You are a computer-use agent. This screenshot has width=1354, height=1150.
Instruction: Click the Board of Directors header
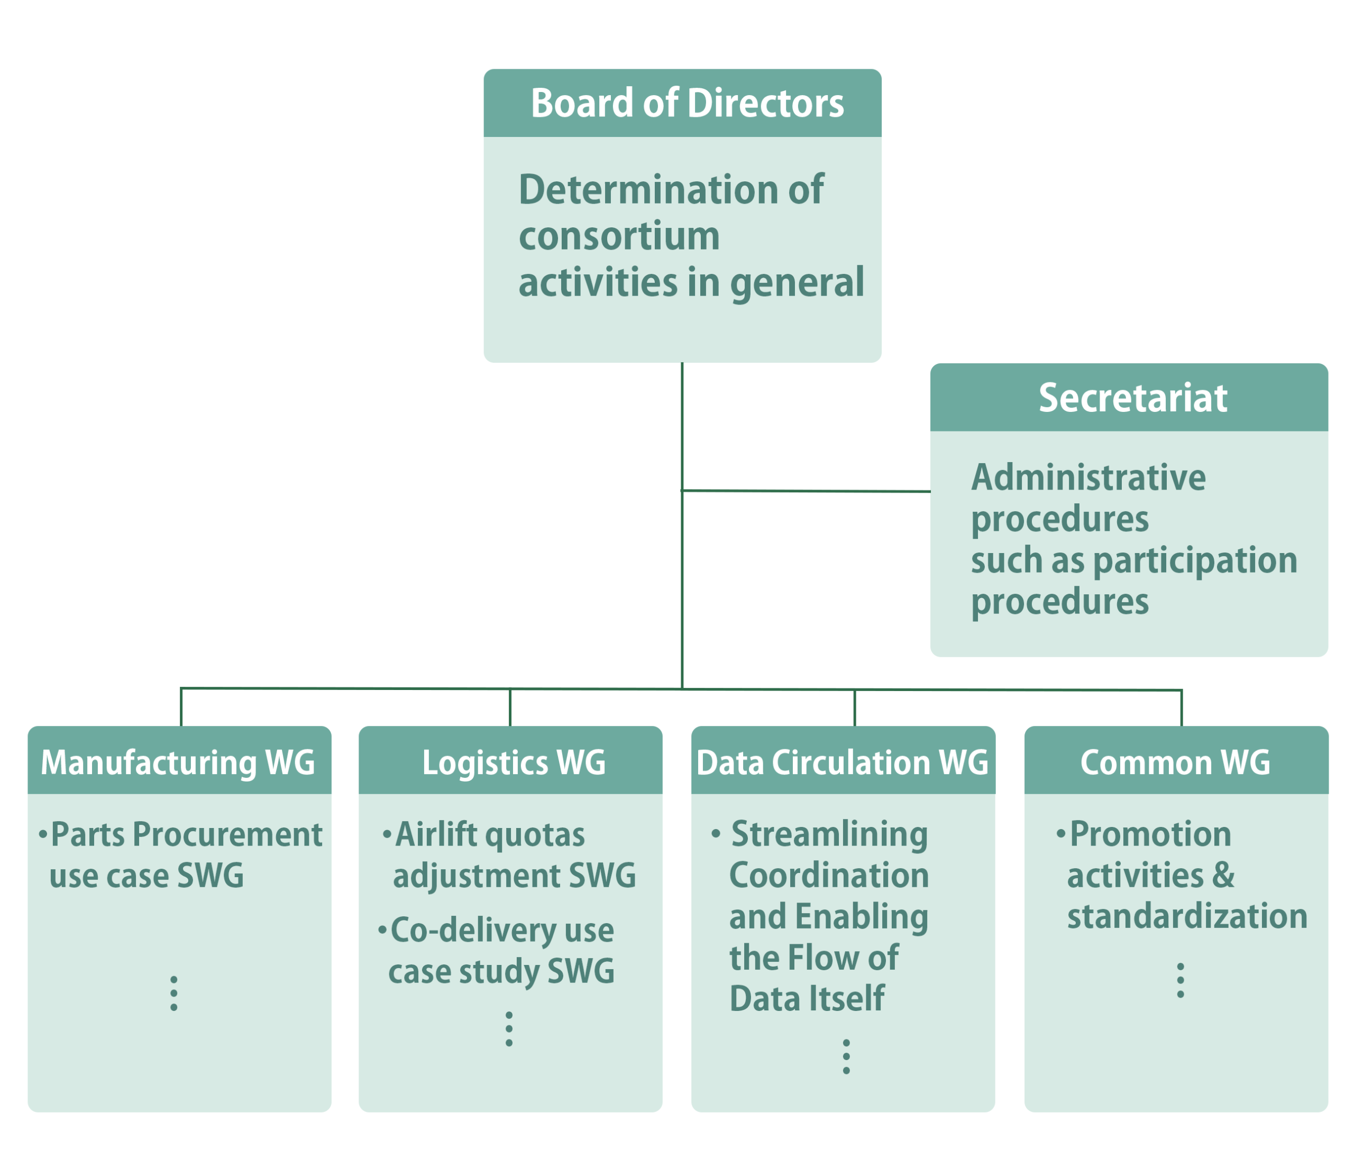tap(686, 103)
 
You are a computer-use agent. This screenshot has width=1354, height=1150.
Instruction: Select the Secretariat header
tap(1132, 398)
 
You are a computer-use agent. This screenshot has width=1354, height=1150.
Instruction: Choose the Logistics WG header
tap(513, 762)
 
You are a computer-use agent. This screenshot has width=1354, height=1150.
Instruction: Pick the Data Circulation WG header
tap(842, 762)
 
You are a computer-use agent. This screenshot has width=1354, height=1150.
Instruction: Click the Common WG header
tap(1175, 762)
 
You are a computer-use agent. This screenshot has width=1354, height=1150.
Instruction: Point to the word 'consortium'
tap(618, 235)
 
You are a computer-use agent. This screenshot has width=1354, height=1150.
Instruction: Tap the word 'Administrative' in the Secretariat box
tap(1088, 478)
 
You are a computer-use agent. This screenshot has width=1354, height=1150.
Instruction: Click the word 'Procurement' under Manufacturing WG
tap(227, 834)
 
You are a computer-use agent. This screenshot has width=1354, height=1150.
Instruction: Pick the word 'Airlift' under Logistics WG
tap(436, 834)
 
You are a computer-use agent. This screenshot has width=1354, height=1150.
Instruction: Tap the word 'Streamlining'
tap(829, 834)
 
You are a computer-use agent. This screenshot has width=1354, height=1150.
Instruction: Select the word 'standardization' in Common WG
tap(1187, 917)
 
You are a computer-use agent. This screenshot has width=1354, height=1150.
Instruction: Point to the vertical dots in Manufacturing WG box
tap(173, 993)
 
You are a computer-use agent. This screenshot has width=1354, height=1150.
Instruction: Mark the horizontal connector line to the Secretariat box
tap(806, 491)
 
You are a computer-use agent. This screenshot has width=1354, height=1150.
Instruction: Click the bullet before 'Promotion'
tap(1060, 833)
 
